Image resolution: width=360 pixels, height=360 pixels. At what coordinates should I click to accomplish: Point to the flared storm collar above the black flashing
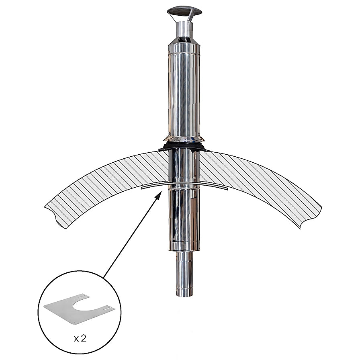184,139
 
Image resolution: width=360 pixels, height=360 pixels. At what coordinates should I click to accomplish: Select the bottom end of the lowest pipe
184,295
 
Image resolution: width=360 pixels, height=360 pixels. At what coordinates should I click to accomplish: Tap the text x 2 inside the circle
80,339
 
